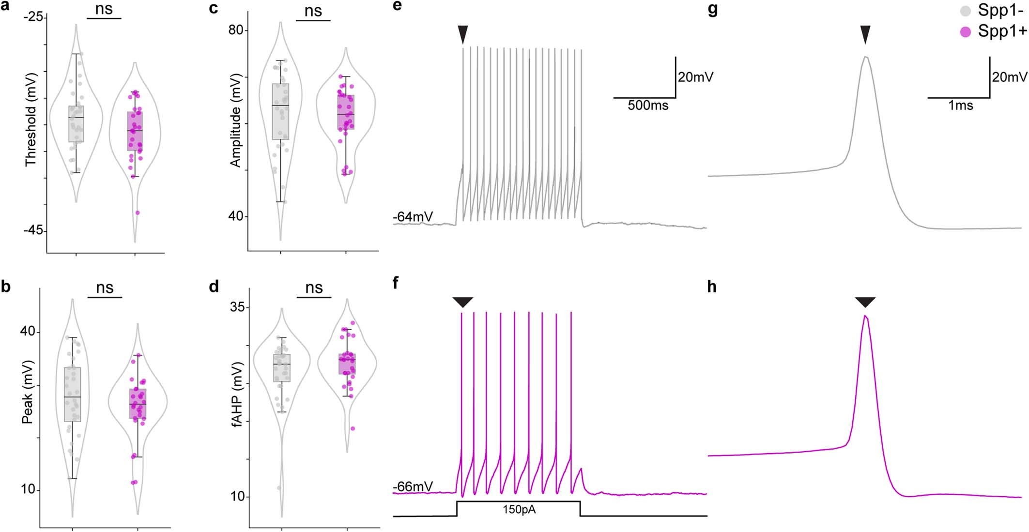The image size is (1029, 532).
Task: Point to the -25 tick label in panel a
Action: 33,17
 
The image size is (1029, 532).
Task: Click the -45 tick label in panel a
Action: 33,231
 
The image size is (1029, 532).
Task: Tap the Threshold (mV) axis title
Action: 31,120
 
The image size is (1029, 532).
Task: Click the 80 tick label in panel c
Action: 235,30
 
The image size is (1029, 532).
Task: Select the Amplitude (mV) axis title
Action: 235,121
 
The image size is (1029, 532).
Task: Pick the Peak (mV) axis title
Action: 27,392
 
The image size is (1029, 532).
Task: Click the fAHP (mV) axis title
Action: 237,395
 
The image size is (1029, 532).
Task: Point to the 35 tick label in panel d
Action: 237,307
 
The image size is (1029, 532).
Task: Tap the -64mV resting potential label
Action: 413,217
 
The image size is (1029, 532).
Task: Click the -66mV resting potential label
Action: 413,486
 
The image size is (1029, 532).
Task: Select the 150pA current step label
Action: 519,510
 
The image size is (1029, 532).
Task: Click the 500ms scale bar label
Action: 648,106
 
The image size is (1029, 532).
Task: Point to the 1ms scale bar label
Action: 960,106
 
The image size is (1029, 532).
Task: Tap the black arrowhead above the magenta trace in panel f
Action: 462,302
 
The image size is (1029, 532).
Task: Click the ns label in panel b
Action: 105,288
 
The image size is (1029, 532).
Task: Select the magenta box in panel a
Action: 135,131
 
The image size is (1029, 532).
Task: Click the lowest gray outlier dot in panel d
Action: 279,487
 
